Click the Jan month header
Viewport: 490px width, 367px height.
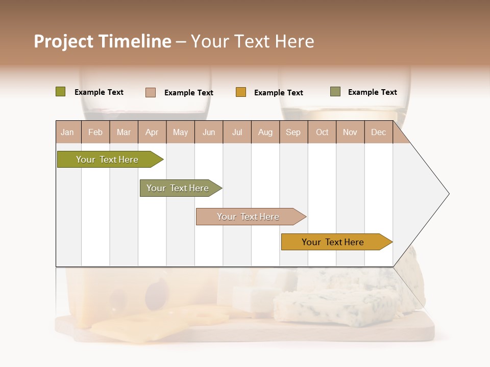[x=67, y=132]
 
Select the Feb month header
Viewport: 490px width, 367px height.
[x=95, y=132]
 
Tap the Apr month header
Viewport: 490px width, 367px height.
[x=152, y=132]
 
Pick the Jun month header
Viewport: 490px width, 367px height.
[x=209, y=132]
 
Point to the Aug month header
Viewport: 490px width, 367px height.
[x=265, y=132]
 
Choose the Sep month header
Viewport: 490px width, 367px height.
[x=293, y=132]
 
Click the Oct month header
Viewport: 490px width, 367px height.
[x=322, y=132]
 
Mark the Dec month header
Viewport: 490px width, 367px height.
[x=379, y=132]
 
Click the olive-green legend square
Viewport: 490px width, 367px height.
[x=61, y=92]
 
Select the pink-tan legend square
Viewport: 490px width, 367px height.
[x=151, y=92]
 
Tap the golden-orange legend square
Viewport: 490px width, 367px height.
[x=241, y=92]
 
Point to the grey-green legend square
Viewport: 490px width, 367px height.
[x=335, y=92]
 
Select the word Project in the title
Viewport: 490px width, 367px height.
[x=64, y=41]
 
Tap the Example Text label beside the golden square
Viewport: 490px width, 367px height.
[x=279, y=93]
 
